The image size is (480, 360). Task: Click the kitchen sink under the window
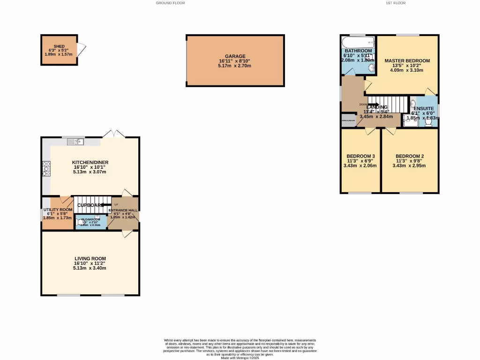tap(75, 141)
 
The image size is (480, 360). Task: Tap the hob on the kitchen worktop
tap(46, 169)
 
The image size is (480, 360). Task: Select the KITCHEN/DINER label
tap(90, 162)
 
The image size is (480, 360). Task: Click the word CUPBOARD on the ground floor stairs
tap(90, 205)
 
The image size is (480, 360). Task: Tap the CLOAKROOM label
tap(90, 219)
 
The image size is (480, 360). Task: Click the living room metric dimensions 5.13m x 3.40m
tap(90, 268)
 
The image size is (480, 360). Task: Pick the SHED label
tap(59, 46)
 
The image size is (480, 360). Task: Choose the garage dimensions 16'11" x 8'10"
tap(235, 61)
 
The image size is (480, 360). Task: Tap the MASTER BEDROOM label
tap(407, 61)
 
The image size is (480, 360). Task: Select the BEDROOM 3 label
tap(360, 156)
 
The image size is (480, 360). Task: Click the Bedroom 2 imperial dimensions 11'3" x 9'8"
tap(410, 161)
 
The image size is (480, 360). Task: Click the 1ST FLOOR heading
tap(395, 3)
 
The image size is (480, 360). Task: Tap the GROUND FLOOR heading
tap(170, 3)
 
